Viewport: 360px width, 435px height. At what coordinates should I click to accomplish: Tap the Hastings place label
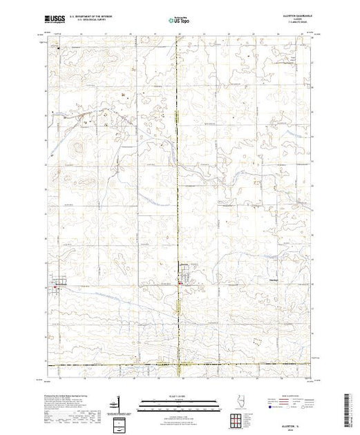(x=274, y=280)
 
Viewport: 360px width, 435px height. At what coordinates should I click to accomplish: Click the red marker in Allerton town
(x=180, y=282)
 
